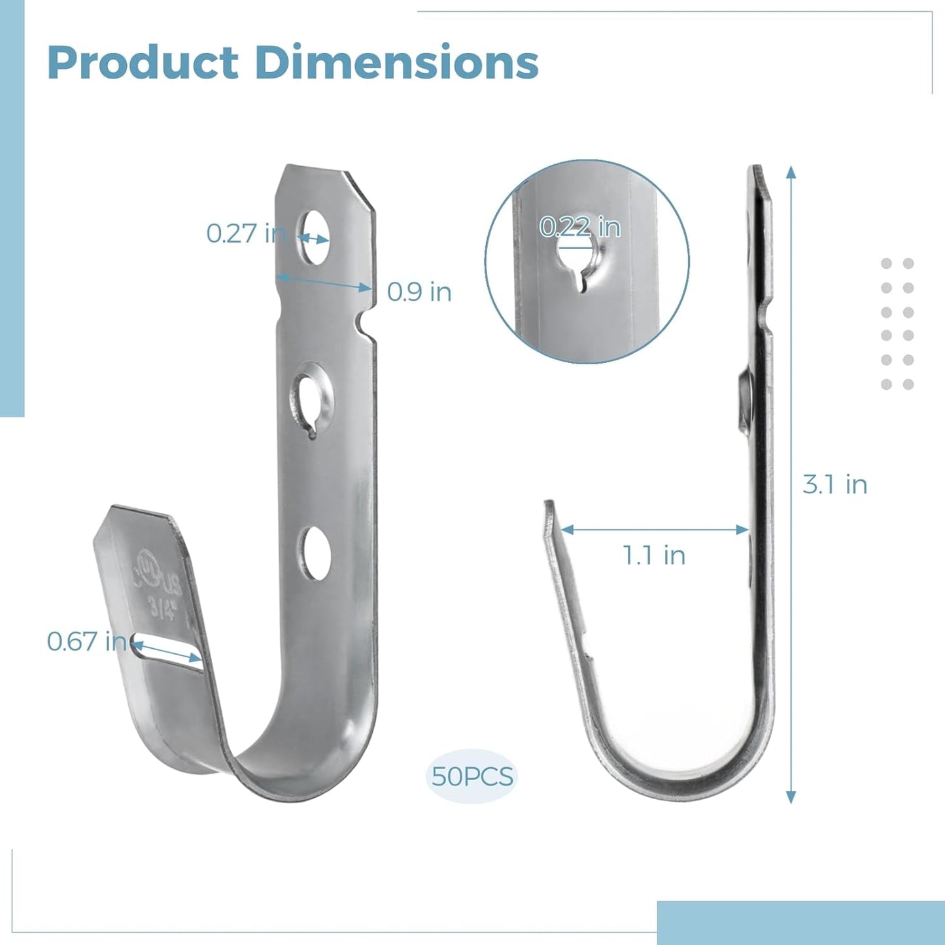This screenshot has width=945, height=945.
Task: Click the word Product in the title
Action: pyautogui.click(x=143, y=63)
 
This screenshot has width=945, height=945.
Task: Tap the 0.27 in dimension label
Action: pyautogui.click(x=246, y=233)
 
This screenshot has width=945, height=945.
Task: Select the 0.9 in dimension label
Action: pyautogui.click(x=419, y=292)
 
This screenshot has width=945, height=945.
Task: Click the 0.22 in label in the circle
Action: pyautogui.click(x=579, y=227)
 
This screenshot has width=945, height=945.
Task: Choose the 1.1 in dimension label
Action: pyautogui.click(x=653, y=555)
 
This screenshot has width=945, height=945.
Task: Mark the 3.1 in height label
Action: pyautogui.click(x=834, y=485)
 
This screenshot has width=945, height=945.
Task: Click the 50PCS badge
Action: pyautogui.click(x=472, y=776)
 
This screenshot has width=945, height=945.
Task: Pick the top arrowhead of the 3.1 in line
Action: pyautogui.click(x=791, y=172)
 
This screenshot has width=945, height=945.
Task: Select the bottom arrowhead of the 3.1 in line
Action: pyautogui.click(x=791, y=797)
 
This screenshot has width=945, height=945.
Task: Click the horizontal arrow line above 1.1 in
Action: pyautogui.click(x=654, y=530)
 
